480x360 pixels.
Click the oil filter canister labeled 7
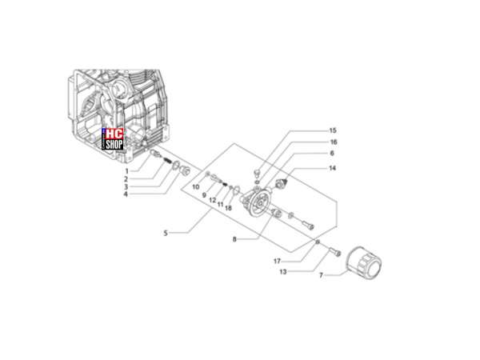click(364, 262)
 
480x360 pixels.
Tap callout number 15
click(333, 130)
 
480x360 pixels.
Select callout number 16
click(333, 142)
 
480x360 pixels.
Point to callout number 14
click(332, 168)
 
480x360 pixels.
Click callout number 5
click(166, 234)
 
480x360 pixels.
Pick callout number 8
click(234, 239)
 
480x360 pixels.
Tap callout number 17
click(277, 261)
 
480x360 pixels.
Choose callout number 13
click(283, 271)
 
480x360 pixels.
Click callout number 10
click(196, 186)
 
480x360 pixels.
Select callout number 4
click(126, 194)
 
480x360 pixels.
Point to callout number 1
click(126, 171)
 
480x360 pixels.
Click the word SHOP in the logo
click(114, 144)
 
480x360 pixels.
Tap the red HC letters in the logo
click(114, 134)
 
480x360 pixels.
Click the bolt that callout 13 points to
click(335, 252)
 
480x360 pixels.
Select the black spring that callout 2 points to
click(166, 160)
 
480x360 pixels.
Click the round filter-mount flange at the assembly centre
click(258, 202)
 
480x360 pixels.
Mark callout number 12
click(213, 201)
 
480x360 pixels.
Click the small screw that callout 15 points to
click(257, 173)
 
